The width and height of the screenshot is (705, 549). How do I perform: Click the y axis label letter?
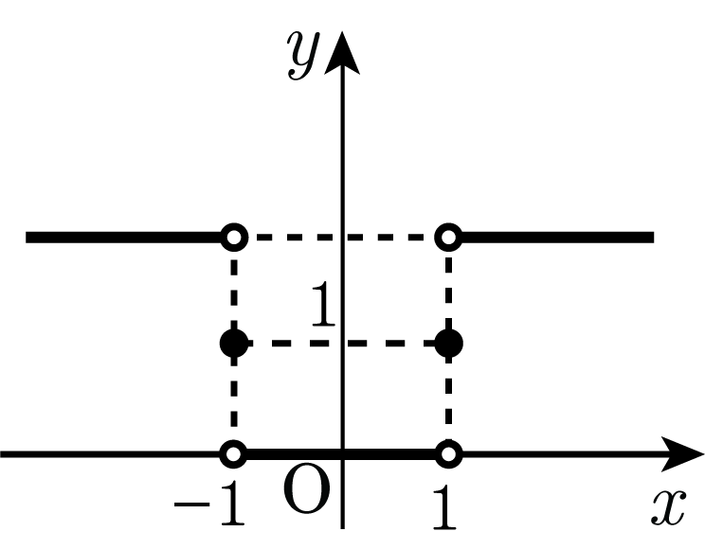(304, 56)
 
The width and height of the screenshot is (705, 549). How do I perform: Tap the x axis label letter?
(669, 506)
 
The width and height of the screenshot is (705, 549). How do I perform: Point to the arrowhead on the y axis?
(342, 53)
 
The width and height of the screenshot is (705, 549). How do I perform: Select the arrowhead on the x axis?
(682, 453)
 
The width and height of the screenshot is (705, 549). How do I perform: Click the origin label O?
(306, 488)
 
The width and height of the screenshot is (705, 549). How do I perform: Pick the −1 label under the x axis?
(209, 504)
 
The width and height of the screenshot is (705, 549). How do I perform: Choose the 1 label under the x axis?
(443, 505)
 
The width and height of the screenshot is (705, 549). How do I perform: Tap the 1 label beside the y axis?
(323, 303)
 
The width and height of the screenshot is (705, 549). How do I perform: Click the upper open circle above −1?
(234, 237)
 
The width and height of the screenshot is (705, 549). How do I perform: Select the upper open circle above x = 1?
(449, 237)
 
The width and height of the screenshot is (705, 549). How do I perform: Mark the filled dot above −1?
(234, 344)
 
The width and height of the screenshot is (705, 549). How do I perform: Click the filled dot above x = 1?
(449, 344)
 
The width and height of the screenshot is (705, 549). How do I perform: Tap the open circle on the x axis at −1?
(234, 453)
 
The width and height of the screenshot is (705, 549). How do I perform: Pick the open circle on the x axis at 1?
(449, 453)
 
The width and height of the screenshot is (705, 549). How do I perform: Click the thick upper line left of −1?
(123, 238)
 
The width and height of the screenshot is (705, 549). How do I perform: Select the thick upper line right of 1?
(557, 238)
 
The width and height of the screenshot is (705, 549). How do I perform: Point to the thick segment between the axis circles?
(341, 453)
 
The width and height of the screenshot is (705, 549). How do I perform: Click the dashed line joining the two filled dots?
(341, 344)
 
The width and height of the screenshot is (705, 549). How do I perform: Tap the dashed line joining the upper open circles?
(341, 237)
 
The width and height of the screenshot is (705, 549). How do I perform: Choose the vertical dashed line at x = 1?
(449, 345)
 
